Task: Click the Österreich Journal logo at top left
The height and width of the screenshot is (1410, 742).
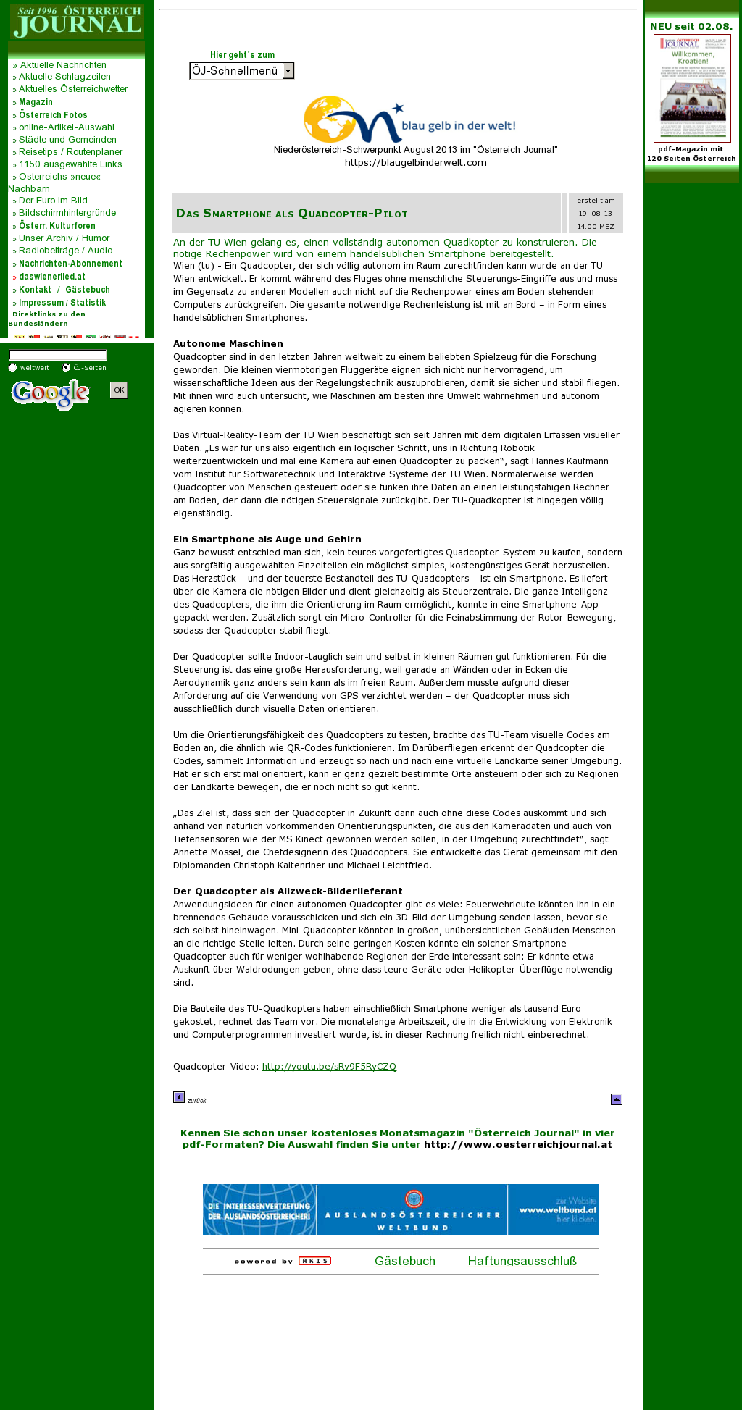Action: coord(76,21)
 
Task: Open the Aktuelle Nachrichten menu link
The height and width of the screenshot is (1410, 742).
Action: coord(62,64)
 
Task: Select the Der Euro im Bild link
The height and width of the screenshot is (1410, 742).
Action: coord(53,201)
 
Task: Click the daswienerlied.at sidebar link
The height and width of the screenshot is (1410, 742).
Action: coord(51,277)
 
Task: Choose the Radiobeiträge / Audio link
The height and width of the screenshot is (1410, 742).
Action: coord(65,251)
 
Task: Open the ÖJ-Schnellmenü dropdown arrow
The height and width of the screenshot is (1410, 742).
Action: coord(288,71)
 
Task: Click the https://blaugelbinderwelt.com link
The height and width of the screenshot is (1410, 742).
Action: coord(415,163)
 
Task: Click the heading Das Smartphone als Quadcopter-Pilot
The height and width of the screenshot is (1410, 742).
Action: coord(292,214)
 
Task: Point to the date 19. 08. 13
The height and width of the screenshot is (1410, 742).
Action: coord(595,214)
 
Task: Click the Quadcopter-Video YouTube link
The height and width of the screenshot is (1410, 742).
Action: coord(329,1067)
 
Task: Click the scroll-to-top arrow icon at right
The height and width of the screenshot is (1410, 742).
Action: coord(617,1099)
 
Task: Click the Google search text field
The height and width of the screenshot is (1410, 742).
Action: coord(58,355)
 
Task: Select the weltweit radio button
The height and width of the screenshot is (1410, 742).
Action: coord(13,368)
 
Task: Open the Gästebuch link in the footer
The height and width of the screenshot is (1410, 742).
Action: coord(404,1261)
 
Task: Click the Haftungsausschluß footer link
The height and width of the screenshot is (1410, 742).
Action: coord(522,1261)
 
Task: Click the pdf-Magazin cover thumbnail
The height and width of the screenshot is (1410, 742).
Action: coord(692,88)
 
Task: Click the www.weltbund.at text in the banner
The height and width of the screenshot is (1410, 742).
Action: coord(558,1209)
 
